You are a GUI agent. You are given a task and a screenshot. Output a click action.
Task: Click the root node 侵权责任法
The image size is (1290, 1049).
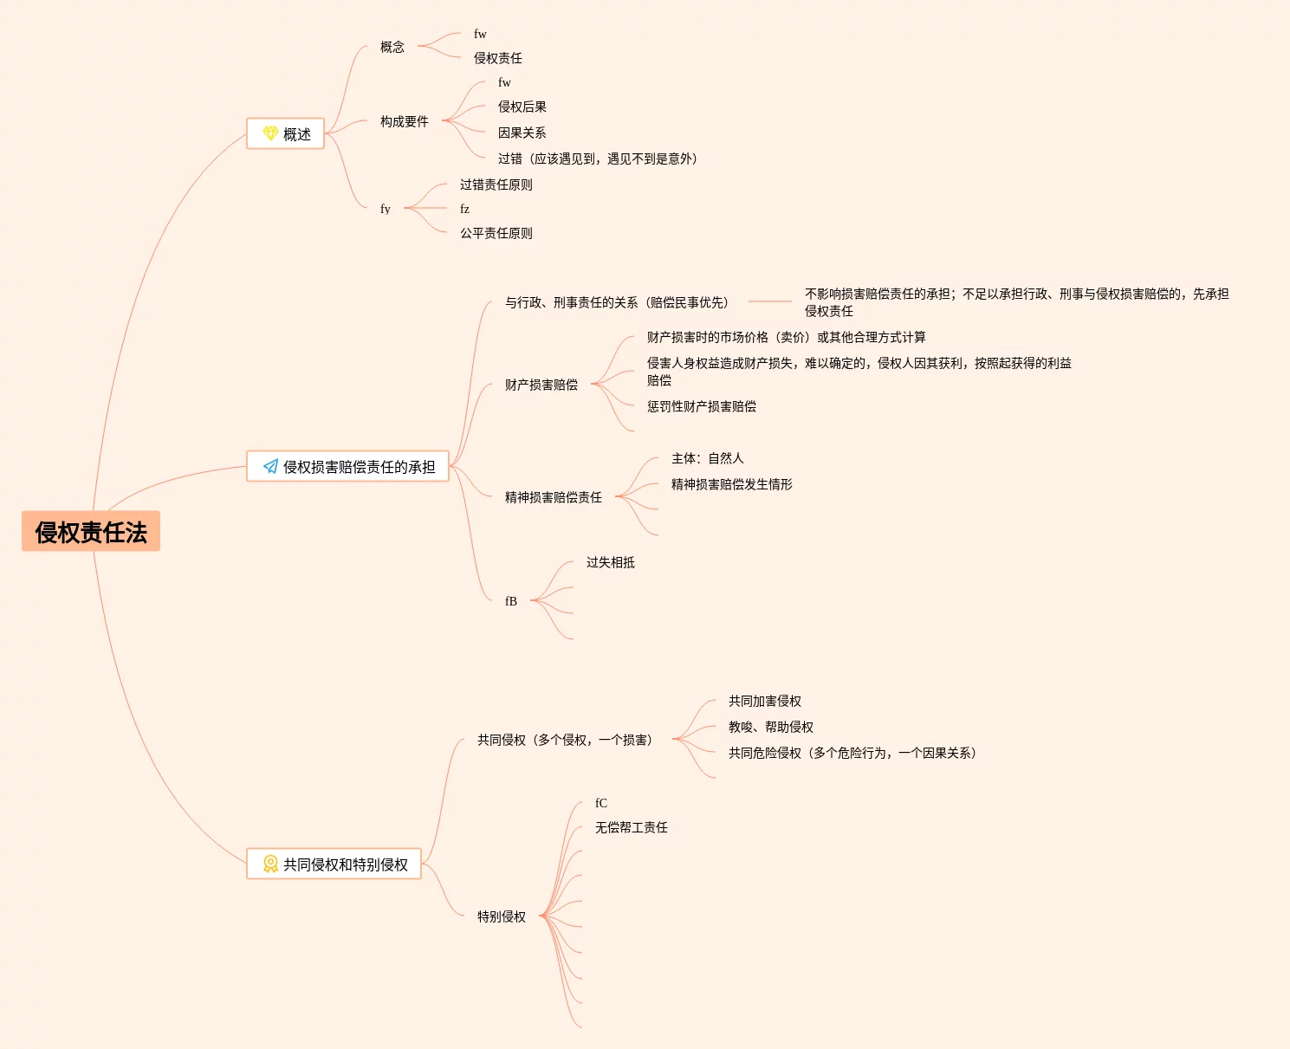point(91,531)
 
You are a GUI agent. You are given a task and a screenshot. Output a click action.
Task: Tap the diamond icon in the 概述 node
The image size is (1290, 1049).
point(270,133)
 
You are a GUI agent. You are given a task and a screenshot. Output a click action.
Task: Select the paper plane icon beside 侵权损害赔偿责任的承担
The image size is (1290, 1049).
point(270,466)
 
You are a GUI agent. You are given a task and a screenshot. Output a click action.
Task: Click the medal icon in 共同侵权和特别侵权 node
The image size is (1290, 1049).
point(270,864)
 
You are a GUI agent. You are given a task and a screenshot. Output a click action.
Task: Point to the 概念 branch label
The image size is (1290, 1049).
point(392,47)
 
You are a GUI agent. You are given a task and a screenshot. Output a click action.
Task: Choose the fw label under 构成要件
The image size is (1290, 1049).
point(504,82)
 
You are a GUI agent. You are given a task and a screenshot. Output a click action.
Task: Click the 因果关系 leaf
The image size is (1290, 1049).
point(522,133)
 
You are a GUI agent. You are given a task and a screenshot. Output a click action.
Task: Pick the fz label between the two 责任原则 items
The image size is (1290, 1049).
point(464,209)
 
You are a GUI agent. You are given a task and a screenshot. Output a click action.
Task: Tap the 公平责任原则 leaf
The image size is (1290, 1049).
point(496,233)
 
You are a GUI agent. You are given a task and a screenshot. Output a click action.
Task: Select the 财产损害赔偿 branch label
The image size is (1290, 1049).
point(541,385)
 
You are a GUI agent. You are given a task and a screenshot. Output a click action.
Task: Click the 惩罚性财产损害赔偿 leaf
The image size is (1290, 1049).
point(701,406)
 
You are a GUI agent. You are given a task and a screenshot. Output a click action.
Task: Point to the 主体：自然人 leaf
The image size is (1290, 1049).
point(707,458)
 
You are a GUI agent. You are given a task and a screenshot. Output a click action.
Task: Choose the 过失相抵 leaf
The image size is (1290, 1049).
point(610,562)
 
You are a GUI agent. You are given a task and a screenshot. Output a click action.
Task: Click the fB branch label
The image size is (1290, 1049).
point(511,601)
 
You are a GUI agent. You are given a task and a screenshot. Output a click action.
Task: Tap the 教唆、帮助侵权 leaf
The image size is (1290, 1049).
point(770,727)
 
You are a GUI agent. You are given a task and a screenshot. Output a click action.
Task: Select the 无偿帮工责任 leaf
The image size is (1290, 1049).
point(631,827)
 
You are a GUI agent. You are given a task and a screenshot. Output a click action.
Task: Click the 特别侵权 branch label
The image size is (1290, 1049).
point(501,916)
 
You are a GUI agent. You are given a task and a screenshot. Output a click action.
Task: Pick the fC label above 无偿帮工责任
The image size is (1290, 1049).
point(601,803)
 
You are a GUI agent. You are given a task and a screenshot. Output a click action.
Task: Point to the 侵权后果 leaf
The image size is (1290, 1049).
point(522,107)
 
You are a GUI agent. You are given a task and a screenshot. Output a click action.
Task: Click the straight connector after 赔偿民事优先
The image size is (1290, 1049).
point(769,301)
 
